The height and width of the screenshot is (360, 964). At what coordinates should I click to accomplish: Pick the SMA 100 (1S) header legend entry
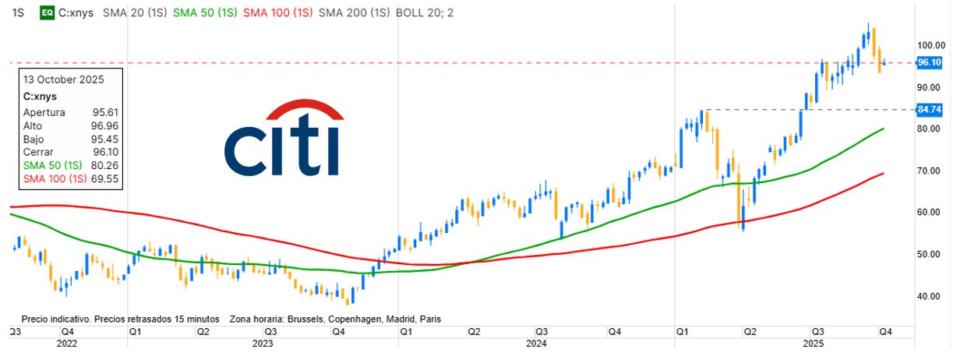click(x=277, y=12)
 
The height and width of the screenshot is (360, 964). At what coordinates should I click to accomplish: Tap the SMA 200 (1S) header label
click(x=355, y=12)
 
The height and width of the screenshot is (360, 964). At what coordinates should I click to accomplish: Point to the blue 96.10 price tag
click(x=930, y=62)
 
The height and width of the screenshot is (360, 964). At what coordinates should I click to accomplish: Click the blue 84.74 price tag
click(x=930, y=110)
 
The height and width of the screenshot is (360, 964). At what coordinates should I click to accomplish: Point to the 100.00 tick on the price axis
click(x=932, y=45)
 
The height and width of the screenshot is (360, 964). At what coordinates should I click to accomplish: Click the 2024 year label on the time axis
click(x=535, y=343)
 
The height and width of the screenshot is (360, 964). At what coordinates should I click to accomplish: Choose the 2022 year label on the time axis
click(x=67, y=343)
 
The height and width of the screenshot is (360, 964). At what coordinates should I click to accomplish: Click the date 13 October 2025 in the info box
click(x=64, y=79)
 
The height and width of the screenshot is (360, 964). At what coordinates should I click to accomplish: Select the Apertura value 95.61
click(x=105, y=112)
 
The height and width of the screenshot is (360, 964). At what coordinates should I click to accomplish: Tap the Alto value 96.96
click(x=105, y=125)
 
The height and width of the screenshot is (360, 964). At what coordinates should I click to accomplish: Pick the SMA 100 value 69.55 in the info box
click(x=105, y=178)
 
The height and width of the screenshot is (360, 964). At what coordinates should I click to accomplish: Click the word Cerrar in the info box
click(x=38, y=152)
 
